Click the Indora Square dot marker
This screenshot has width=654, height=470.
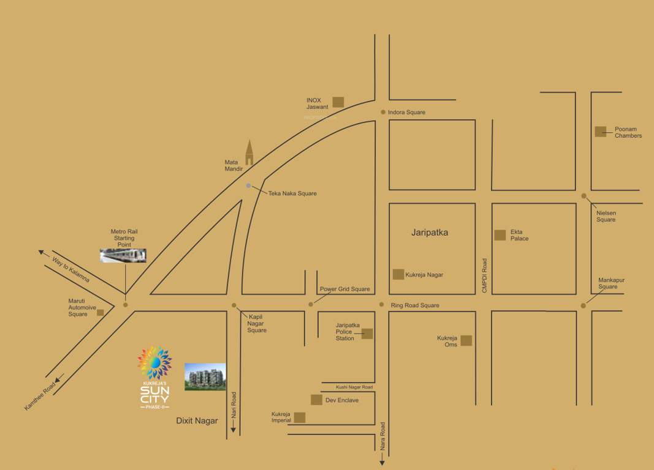pyautogui.click(x=383, y=112)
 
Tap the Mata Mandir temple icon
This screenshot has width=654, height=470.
pyautogui.click(x=249, y=152)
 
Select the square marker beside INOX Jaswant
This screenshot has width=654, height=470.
pyautogui.click(x=338, y=102)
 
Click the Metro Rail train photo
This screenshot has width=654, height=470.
pyautogui.click(x=123, y=255)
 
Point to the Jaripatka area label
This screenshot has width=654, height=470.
pyautogui.click(x=430, y=233)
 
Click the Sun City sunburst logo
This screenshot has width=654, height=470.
pyautogui.click(x=154, y=363)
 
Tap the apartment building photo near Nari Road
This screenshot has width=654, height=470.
pyautogui.click(x=205, y=376)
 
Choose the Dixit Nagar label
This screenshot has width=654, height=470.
pyautogui.click(x=197, y=420)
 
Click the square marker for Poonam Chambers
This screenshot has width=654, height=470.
pyautogui.click(x=601, y=131)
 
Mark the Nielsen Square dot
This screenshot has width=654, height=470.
pyautogui.click(x=584, y=196)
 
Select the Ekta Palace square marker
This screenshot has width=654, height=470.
pyautogui.click(x=500, y=234)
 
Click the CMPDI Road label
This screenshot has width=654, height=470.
pyautogui.click(x=484, y=275)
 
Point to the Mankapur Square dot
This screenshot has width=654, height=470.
pyautogui.click(x=584, y=305)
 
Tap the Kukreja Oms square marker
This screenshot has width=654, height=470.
pyautogui.click(x=466, y=340)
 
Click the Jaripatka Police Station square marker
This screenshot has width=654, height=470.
pyautogui.click(x=367, y=334)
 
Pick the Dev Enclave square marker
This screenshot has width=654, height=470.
pyautogui.click(x=316, y=400)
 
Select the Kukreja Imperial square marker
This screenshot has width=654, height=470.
pyautogui.click(x=300, y=417)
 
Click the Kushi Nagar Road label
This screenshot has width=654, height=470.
pyautogui.click(x=354, y=387)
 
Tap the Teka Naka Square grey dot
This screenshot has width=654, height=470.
pyautogui.click(x=248, y=185)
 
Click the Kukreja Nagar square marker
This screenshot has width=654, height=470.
pyautogui.click(x=398, y=274)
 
